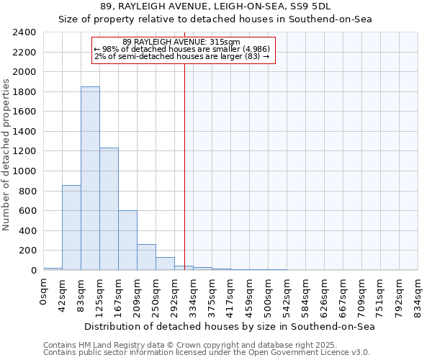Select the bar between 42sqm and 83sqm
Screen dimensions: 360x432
click(71, 228)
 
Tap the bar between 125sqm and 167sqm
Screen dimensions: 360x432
click(109, 209)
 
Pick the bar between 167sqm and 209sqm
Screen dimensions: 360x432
click(127, 240)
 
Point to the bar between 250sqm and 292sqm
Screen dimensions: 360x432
click(165, 264)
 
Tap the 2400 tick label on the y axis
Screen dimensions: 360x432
click(24, 32)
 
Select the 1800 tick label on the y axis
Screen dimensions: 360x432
click(24, 92)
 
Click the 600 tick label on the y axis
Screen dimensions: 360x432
click(27, 211)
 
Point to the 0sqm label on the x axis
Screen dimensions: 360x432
click(44, 292)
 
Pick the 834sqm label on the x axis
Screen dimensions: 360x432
click(418, 295)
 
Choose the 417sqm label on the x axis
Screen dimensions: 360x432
click(231, 295)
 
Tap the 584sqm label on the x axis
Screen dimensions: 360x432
click(306, 295)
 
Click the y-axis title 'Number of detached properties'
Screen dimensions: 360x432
click(6, 151)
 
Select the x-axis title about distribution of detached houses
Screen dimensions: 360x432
click(230, 326)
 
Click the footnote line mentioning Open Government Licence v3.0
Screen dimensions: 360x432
click(207, 352)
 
